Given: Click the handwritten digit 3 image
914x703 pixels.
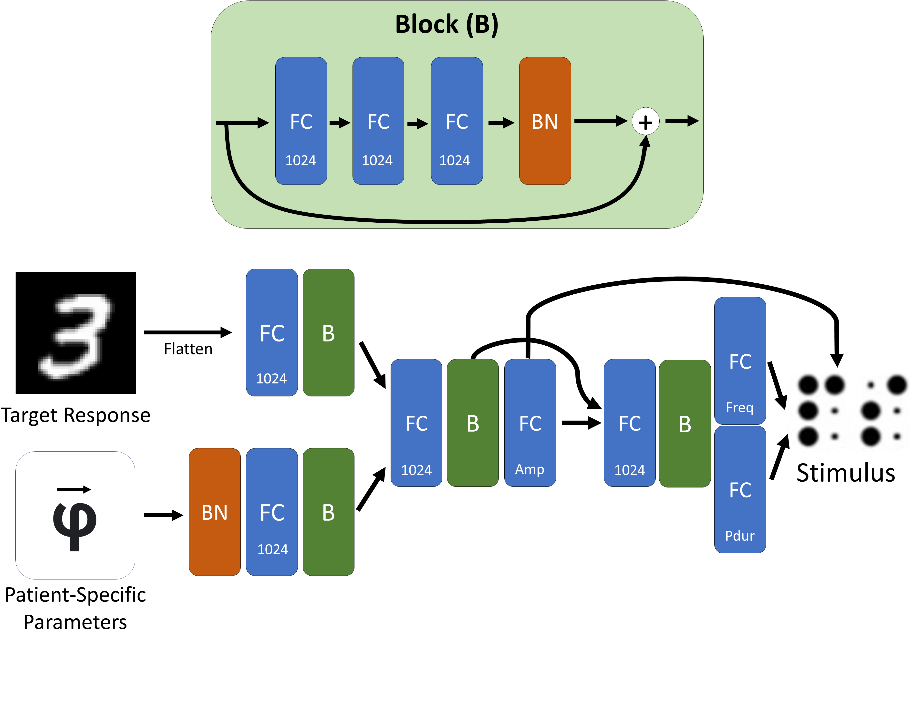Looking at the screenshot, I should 76,333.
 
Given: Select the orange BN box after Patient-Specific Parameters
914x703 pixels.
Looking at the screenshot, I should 214,512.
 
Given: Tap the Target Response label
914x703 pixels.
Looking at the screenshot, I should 76,415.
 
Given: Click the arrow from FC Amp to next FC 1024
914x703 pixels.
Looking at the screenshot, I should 581,423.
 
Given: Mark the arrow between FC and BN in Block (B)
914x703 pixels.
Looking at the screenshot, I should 500,123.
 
